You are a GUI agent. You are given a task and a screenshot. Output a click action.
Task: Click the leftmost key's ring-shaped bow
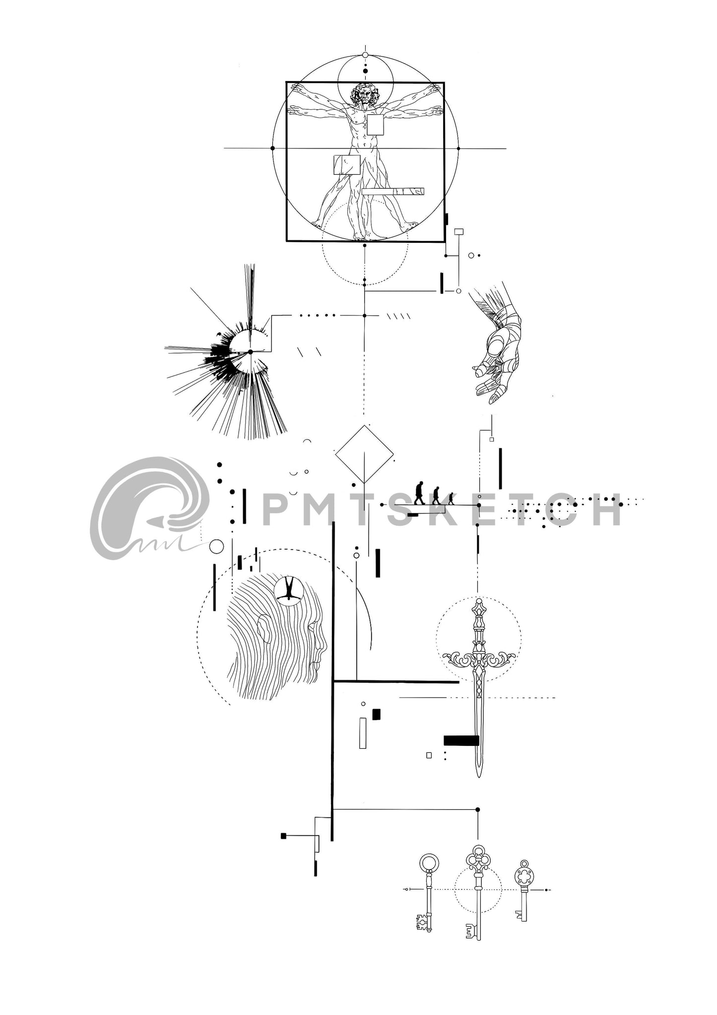tap(429, 862)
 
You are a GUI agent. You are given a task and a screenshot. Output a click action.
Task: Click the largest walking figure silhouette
tap(420, 493)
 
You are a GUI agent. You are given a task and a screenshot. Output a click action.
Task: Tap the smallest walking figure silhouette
tap(451, 499)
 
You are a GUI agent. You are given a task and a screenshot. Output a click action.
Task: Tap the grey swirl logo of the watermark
tap(149, 507)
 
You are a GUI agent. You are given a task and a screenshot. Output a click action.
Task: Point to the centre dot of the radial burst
tap(251, 352)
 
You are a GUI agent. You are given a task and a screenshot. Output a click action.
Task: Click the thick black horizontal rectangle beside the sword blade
tap(461, 740)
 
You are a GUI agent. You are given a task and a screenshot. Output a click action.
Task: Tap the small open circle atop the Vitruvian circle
tap(365, 55)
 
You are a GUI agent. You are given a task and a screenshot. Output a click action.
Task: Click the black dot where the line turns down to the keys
tap(478, 809)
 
